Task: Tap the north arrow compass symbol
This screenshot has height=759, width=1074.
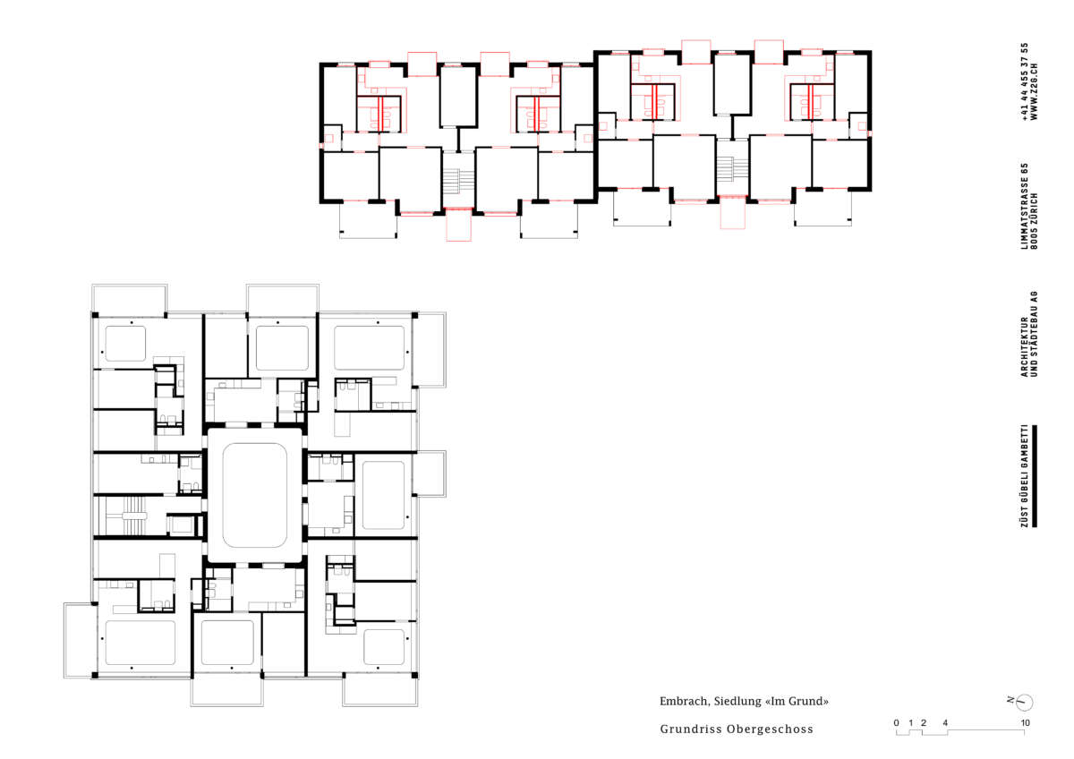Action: (x=1025, y=703)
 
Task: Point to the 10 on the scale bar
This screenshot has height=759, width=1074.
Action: (x=1025, y=722)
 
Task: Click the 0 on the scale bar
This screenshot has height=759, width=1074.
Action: (x=897, y=722)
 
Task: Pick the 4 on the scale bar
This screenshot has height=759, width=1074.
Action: (x=945, y=722)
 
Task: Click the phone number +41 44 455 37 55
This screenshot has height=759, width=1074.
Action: (x=1025, y=81)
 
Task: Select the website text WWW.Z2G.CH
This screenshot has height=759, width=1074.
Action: (x=1034, y=91)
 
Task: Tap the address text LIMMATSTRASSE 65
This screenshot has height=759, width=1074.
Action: (x=1025, y=206)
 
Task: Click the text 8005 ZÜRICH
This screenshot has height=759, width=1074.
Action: (x=1034, y=221)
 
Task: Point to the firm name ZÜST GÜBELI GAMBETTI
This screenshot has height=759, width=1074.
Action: (x=1025, y=475)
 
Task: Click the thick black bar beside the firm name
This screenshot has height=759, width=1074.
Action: (x=1035, y=475)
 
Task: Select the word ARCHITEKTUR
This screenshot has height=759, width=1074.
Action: (x=1025, y=346)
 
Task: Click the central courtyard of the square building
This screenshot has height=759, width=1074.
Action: (x=254, y=495)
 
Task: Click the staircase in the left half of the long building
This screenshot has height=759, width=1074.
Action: (x=458, y=181)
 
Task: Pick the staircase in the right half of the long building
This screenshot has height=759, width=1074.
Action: (x=733, y=168)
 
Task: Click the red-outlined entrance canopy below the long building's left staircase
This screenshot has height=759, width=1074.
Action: (x=458, y=225)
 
